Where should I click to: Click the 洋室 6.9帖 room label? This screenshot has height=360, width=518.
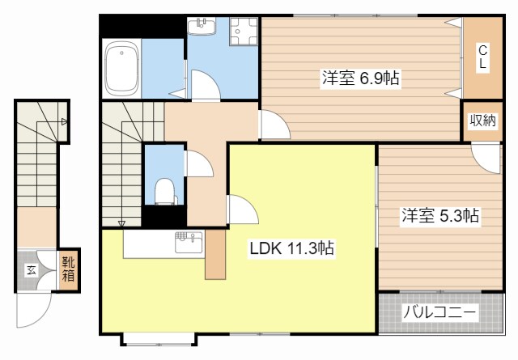[x=360, y=78]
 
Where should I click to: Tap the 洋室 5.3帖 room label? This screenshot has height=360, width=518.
[x=440, y=216]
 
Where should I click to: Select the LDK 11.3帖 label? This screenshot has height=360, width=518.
[x=291, y=248]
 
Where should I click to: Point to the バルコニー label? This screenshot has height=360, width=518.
[x=440, y=311]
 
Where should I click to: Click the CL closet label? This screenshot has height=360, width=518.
[x=482, y=57]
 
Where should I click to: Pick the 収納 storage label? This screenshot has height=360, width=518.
[x=483, y=121]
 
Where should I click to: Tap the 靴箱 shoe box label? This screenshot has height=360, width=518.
[x=68, y=269]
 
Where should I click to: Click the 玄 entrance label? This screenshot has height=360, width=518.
[x=32, y=271]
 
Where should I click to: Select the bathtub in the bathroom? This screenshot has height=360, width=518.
[x=121, y=69]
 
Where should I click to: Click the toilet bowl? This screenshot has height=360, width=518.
[x=164, y=191]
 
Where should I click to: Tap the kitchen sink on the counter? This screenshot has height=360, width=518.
[x=189, y=243]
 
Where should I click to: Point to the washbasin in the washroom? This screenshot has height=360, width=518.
[x=202, y=26]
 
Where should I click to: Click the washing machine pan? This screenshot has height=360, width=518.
[x=244, y=31]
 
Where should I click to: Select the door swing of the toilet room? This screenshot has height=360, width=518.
[x=201, y=163]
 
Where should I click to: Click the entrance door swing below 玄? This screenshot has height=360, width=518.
[x=34, y=310]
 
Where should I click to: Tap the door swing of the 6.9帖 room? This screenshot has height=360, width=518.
[x=276, y=125]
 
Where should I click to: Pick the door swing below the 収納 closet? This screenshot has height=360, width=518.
[x=486, y=159]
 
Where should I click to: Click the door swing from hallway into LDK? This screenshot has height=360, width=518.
[x=244, y=209]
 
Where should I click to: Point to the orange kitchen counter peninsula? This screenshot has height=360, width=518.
[x=215, y=254]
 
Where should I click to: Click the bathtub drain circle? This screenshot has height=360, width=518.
[x=121, y=53]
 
